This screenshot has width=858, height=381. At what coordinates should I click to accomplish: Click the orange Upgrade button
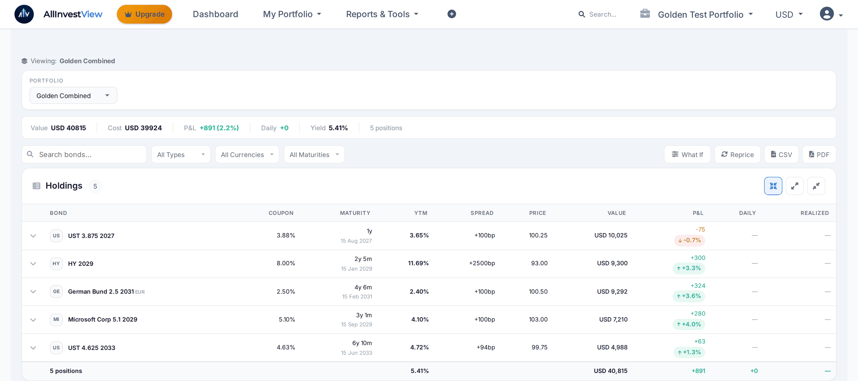tap(144, 14)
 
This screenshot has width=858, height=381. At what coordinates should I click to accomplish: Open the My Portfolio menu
tap(292, 14)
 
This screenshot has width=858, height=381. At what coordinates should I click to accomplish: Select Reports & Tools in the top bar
tap(382, 14)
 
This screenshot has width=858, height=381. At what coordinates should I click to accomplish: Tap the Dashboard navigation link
tap(215, 14)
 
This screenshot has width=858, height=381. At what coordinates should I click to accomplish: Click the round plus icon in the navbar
tap(452, 14)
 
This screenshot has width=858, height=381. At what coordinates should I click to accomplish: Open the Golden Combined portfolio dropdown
tap(73, 95)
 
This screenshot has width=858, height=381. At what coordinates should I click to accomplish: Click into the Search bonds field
tap(84, 154)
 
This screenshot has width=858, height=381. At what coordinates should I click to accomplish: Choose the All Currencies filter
tap(247, 154)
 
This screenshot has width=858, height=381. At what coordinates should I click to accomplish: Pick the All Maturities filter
tap(314, 154)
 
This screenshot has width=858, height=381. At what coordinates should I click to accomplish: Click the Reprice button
tap(737, 154)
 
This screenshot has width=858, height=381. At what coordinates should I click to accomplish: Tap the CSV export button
tap(781, 154)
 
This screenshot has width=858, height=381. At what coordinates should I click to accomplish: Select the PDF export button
tap(819, 154)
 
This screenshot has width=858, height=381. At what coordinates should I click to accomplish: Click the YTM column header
tap(421, 213)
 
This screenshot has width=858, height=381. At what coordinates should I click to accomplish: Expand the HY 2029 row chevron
tap(33, 264)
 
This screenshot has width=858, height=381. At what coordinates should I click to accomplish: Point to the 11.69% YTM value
tap(418, 263)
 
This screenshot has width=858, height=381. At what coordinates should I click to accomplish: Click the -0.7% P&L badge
tap(690, 240)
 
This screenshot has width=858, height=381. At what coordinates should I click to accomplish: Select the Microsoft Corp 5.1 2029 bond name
tap(103, 320)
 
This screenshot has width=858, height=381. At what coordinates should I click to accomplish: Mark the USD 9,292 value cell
tap(612, 292)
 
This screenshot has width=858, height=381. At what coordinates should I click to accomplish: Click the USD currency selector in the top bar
tap(789, 14)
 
